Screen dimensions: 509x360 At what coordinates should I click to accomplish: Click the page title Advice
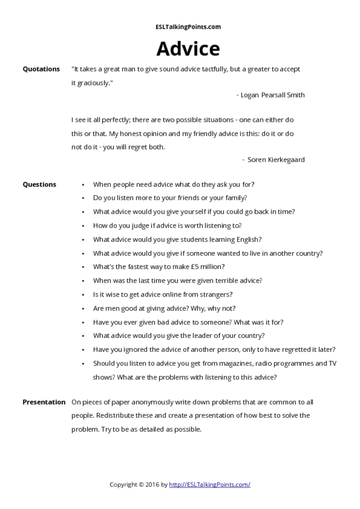click(x=188, y=49)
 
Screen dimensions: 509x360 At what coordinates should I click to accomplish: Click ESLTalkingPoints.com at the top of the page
click(x=188, y=27)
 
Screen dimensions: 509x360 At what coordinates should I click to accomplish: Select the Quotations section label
click(x=41, y=69)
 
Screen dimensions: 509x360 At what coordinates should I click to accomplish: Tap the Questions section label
click(x=39, y=184)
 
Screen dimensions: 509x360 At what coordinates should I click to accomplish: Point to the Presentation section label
click(x=44, y=402)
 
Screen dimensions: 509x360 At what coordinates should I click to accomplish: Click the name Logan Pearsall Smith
click(x=272, y=95)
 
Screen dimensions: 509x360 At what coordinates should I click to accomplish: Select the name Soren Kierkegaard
click(x=276, y=160)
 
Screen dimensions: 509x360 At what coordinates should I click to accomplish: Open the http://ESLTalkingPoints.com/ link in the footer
click(x=209, y=484)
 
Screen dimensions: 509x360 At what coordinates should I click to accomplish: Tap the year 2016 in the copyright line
click(x=153, y=484)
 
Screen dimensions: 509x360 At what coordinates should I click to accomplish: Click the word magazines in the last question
click(x=233, y=363)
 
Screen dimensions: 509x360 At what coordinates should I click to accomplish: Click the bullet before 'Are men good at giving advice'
click(x=83, y=309)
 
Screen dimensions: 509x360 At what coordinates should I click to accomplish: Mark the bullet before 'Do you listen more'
click(x=83, y=198)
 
